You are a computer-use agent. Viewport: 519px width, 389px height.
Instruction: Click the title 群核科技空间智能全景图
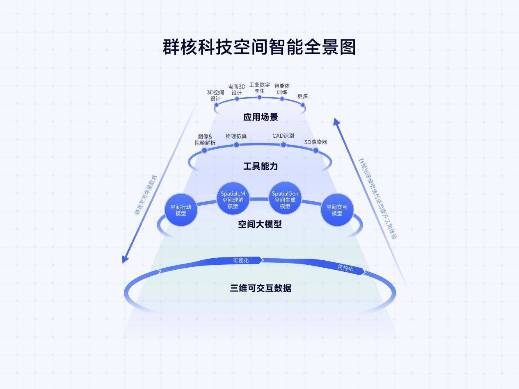click(x=259, y=47)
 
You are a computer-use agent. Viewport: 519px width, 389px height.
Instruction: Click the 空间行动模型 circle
click(x=181, y=210)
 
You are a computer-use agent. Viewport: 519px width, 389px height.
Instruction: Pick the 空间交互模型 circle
click(x=337, y=210)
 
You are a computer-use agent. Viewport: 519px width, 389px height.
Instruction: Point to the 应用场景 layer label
click(x=261, y=117)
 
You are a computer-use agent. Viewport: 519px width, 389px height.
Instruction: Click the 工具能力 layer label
click(x=261, y=166)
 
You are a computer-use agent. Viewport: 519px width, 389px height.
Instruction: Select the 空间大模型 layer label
click(x=260, y=224)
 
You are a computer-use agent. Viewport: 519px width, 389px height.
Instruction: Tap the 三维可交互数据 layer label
click(x=261, y=288)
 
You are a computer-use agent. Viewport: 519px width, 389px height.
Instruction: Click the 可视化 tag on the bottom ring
click(x=241, y=260)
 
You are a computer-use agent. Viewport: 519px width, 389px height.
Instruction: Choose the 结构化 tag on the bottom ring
click(x=345, y=268)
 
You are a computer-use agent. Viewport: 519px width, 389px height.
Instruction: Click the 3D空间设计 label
click(x=215, y=96)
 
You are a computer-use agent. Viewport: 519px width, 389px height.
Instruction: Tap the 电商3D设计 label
click(x=237, y=90)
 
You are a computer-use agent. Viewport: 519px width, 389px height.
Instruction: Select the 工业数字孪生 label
click(x=259, y=88)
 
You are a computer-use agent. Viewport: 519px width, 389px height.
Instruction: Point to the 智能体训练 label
click(x=282, y=89)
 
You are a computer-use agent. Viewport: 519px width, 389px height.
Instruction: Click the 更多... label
click(x=304, y=97)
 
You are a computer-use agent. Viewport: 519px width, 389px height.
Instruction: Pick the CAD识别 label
click(x=283, y=136)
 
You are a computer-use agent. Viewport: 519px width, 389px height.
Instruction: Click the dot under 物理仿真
click(x=236, y=145)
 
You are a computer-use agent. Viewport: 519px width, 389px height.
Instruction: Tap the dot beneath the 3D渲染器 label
click(x=316, y=150)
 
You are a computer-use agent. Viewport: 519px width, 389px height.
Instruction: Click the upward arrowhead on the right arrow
click(x=336, y=121)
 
